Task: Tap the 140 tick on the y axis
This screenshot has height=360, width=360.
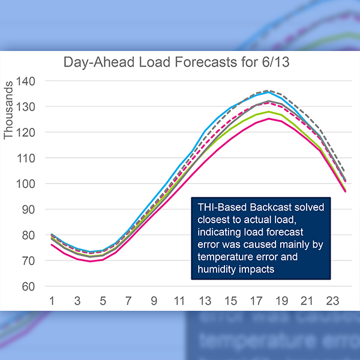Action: [x=26, y=81]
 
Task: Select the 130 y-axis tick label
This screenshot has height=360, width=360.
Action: [x=26, y=107]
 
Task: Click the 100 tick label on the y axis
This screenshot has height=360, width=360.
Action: [x=26, y=184]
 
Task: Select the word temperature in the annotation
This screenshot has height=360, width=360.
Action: [x=226, y=257]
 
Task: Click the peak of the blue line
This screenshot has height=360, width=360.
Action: [x=269, y=92]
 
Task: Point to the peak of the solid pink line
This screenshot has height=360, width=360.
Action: [x=269, y=118]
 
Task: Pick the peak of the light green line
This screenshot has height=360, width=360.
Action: [x=269, y=112]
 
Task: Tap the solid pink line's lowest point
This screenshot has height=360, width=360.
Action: [x=90, y=261]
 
